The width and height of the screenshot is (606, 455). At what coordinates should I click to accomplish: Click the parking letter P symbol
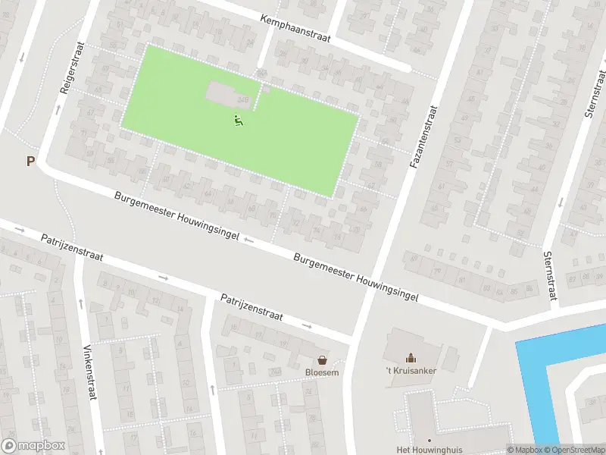pyautogui.click(x=30, y=161)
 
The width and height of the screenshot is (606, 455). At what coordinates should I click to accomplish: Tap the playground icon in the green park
pyautogui.click(x=238, y=120)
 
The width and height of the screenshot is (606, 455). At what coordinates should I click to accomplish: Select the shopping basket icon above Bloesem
pyautogui.click(x=323, y=359)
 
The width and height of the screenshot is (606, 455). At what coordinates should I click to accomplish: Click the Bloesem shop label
pyautogui.click(x=323, y=372)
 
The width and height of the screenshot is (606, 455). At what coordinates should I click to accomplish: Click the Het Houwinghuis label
pyautogui.click(x=429, y=450)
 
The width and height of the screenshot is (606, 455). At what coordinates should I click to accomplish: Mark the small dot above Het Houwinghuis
pyautogui.click(x=429, y=440)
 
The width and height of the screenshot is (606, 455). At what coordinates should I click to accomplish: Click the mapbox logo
pyautogui.click(x=33, y=446)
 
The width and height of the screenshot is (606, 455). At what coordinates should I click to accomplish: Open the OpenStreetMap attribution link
pyautogui.click(x=573, y=449)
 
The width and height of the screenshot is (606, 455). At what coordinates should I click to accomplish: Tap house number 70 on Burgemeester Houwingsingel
pyautogui.click(x=272, y=215)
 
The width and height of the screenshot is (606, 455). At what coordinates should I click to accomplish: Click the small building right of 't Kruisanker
pyautogui.click(x=451, y=357)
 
